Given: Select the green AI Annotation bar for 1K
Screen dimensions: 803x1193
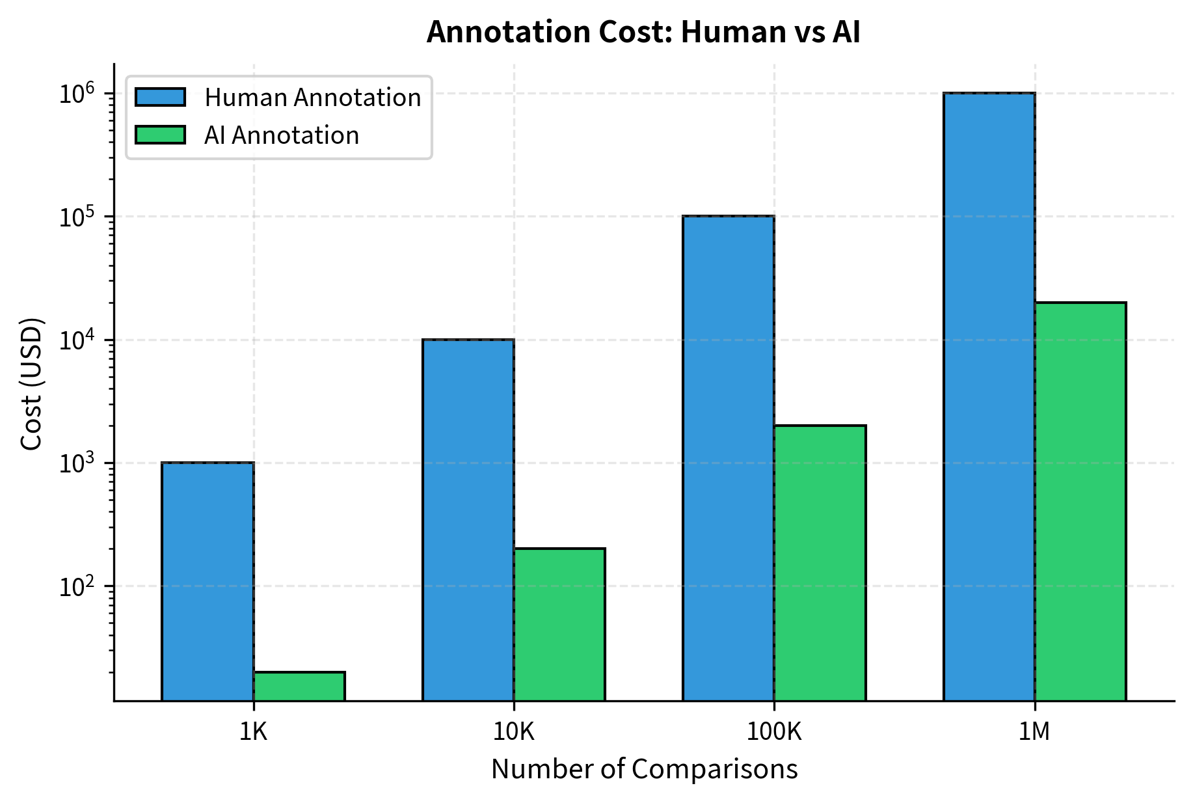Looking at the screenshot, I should click(299, 686).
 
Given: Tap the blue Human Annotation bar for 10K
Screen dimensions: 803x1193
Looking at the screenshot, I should click(468, 520).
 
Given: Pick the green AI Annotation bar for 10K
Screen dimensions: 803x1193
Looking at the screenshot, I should click(559, 625).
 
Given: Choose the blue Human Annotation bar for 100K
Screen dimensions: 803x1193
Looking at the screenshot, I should click(728, 458).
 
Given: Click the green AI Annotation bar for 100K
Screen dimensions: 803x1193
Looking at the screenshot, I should click(820, 563).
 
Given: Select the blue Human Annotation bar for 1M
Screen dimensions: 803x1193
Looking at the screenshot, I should click(989, 397).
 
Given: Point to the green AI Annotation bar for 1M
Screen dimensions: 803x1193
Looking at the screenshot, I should click(1080, 501).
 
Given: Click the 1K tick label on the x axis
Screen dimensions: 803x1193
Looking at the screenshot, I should click(253, 733).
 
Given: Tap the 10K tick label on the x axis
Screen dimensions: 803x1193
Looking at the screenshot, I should click(513, 733).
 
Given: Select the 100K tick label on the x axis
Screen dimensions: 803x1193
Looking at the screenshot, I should click(773, 733).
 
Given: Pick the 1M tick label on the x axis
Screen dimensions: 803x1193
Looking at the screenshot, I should click(1034, 733).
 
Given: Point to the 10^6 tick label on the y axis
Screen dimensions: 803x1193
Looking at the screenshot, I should click(77, 94).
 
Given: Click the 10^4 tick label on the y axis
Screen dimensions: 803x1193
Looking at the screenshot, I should click(77, 340).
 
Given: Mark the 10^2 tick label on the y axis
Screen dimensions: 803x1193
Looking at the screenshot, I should click(77, 587).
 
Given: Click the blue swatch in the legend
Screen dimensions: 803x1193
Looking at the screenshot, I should click(161, 98).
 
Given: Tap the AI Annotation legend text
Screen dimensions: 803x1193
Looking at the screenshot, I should click(282, 135).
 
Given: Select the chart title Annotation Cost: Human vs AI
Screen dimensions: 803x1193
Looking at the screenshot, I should click(643, 33).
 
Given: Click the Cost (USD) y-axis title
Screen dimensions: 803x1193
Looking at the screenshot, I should click(31, 383).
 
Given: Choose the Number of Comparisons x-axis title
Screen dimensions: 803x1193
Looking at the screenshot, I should click(644, 769).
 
